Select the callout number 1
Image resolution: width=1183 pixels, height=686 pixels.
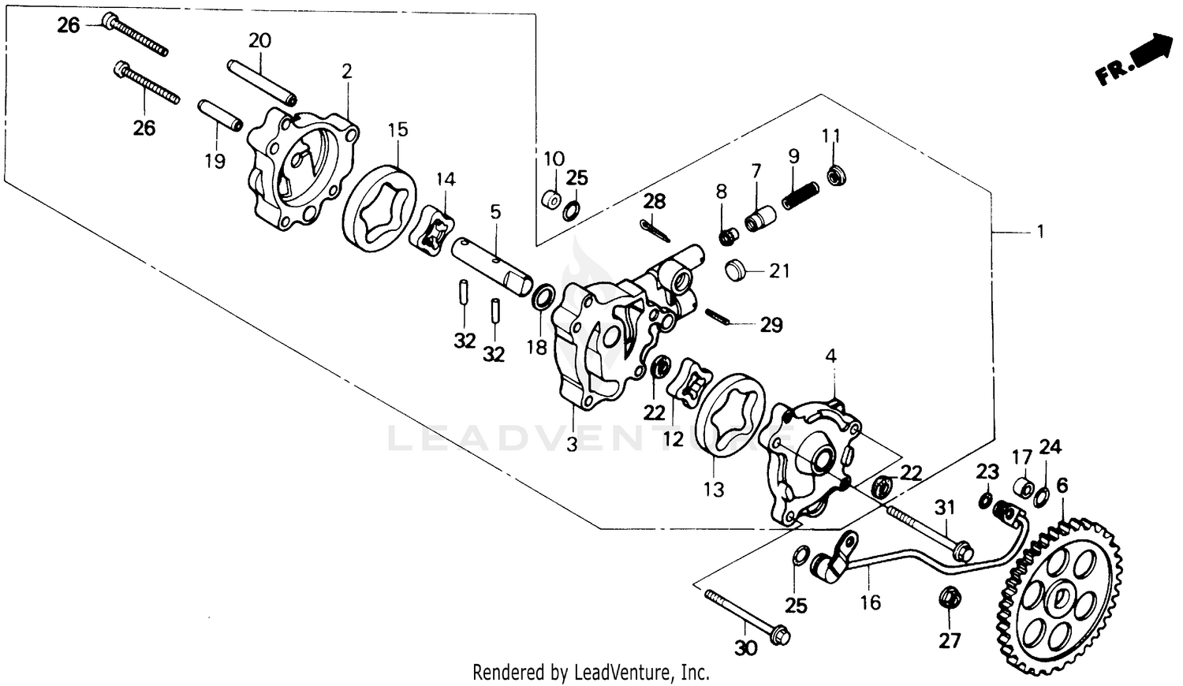click(x=1040, y=231)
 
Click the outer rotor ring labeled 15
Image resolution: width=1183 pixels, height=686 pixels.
click(x=381, y=209)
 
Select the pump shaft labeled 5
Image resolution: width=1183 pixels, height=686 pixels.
click(x=491, y=264)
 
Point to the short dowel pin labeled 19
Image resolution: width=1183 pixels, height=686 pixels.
click(x=218, y=117)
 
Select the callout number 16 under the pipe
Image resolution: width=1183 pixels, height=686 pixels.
click(x=871, y=603)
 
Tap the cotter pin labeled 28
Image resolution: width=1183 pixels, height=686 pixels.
click(x=655, y=229)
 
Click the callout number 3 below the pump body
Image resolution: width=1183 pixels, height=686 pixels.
click(x=572, y=444)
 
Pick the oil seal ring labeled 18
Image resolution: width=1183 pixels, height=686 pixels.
click(x=543, y=297)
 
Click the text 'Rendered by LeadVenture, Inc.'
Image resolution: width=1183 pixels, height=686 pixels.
click(x=591, y=673)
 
